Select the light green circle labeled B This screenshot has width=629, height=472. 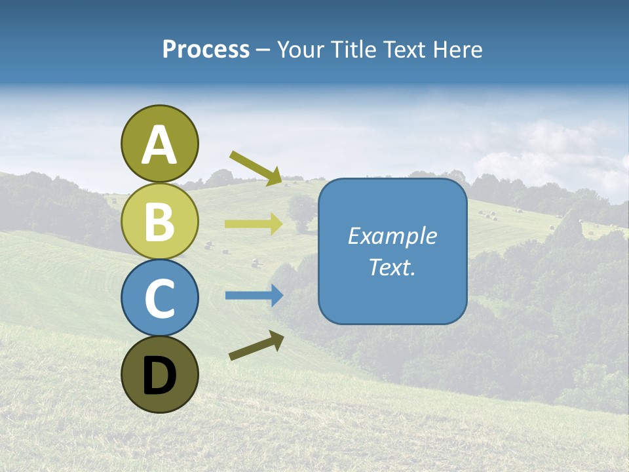(x=159, y=221)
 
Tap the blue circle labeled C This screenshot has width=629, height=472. (x=159, y=298)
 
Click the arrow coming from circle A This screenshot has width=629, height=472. (x=256, y=168)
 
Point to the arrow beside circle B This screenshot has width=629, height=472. (x=254, y=224)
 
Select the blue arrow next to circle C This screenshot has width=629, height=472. (x=254, y=295)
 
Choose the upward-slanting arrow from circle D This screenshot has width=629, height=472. (x=256, y=346)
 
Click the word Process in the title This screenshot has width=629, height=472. (x=206, y=49)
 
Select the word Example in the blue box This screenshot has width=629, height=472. (x=392, y=236)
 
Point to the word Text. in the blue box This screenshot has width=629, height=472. (x=392, y=267)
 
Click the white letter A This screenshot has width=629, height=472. (x=159, y=146)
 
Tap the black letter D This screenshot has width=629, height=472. (x=159, y=376)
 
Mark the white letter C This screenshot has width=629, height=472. (x=159, y=299)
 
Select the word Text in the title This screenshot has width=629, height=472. (x=406, y=50)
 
